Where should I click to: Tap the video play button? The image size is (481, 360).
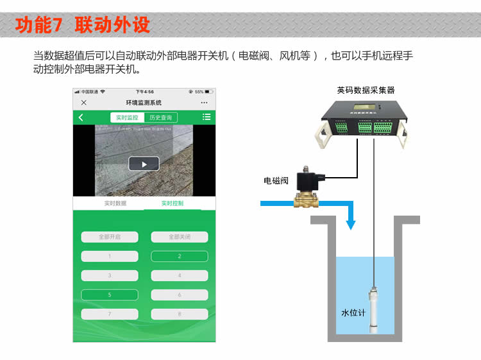click(144, 164)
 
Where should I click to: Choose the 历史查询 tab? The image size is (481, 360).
click(160, 117)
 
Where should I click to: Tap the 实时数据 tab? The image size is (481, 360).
click(115, 203)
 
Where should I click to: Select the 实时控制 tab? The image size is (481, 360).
click(172, 203)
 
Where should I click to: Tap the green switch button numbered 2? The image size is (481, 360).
click(180, 256)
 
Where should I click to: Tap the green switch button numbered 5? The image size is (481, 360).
click(110, 295)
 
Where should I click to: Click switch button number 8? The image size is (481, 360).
click(180, 314)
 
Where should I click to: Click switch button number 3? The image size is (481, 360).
click(110, 276)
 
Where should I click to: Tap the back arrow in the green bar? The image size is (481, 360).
click(81, 117)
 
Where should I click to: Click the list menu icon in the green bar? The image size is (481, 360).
click(207, 117)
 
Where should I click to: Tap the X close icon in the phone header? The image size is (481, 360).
click(84, 103)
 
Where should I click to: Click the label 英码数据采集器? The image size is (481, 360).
click(366, 90)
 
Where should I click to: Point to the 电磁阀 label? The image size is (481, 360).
click(276, 181)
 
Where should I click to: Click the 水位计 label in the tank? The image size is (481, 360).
click(353, 313)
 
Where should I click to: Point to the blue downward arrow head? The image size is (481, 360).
click(350, 224)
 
